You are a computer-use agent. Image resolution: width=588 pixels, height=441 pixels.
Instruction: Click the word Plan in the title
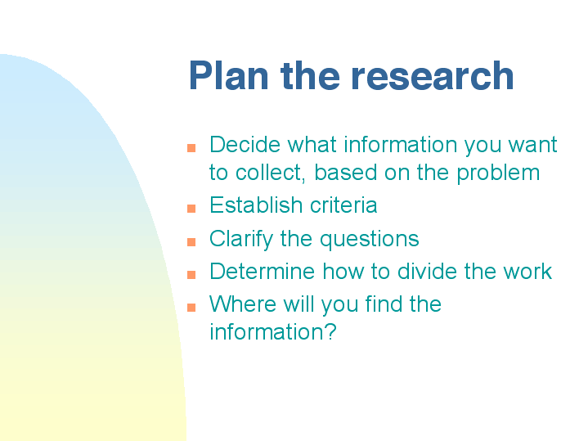pyautogui.click(x=229, y=76)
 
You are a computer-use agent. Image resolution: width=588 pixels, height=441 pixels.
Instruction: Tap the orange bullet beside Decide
pyautogui.click(x=191, y=148)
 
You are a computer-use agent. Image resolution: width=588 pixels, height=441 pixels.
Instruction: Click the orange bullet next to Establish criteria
pyautogui.click(x=191, y=209)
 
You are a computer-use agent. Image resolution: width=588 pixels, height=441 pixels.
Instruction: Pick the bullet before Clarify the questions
pyautogui.click(x=191, y=241)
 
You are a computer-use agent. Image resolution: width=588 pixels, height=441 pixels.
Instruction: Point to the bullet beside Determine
pyautogui.click(x=191, y=275)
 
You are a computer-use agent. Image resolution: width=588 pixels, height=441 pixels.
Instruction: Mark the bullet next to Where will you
pyautogui.click(x=191, y=308)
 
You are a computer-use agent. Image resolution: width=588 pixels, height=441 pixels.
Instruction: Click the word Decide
pyautogui.click(x=245, y=145)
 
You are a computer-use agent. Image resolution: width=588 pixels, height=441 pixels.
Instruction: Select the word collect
pyautogui.click(x=270, y=173)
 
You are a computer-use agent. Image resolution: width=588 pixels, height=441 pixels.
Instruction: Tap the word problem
pyautogui.click(x=498, y=173)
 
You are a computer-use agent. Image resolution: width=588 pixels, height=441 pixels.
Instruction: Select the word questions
pyautogui.click(x=370, y=240)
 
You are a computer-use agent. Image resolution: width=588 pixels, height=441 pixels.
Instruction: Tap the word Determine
pyautogui.click(x=263, y=272)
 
